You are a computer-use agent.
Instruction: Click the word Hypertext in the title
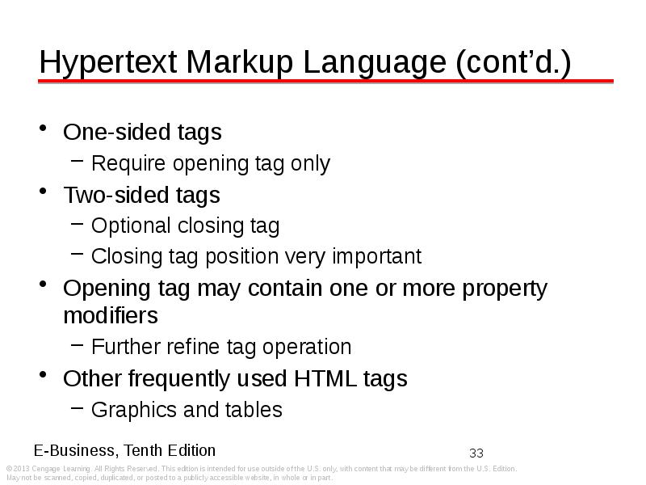[x=108, y=63]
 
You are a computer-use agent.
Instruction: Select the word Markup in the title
[x=240, y=63]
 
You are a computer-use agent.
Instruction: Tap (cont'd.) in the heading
[x=514, y=62]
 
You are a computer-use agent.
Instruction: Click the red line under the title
[x=325, y=82]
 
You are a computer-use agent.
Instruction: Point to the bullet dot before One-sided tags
[x=43, y=128]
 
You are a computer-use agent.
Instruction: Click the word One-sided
[x=116, y=132]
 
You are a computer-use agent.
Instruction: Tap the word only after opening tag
[x=310, y=164]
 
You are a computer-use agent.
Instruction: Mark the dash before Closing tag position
[x=77, y=254]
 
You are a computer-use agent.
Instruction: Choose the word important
[x=376, y=256]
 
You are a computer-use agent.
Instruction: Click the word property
[x=505, y=289]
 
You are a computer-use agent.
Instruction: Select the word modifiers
[x=111, y=316]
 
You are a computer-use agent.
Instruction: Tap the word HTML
[x=325, y=378]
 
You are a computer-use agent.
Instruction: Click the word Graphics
[x=134, y=411]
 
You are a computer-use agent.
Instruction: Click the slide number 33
[x=476, y=453]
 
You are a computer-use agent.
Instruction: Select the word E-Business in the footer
[x=76, y=450]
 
